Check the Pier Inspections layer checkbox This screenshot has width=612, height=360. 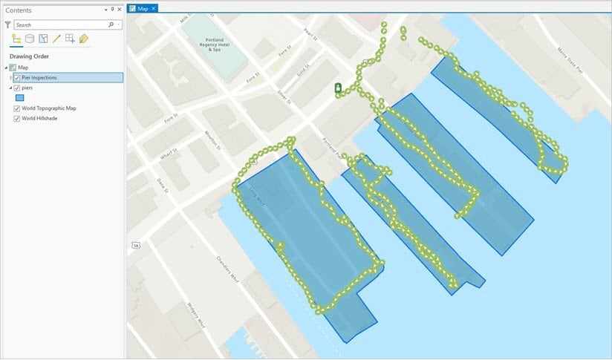pos(17,77)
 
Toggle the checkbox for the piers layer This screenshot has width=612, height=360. pos(17,88)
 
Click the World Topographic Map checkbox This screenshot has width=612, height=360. pos(17,108)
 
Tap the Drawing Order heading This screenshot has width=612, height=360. pos(29,56)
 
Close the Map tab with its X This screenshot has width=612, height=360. pos(154,8)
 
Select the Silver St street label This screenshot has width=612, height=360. pos(283,96)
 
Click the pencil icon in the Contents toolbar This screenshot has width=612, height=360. pos(56,39)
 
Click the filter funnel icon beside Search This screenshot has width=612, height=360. pos(7,24)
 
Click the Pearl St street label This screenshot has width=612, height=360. pos(307,36)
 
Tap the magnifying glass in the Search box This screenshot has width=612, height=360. pos(111,24)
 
